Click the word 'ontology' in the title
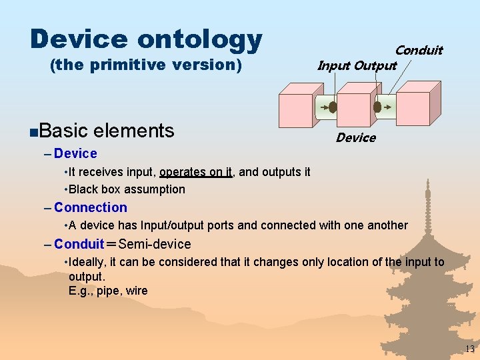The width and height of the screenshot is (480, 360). (199, 40)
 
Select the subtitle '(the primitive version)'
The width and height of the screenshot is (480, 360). (145, 65)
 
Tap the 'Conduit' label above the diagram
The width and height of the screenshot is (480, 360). (418, 50)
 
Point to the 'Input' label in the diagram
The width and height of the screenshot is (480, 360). (333, 65)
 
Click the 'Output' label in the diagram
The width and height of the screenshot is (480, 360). (375, 65)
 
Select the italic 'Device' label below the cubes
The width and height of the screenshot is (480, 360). (355, 138)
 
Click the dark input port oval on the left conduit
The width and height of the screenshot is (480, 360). (333, 107)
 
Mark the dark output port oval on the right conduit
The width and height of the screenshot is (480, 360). (377, 107)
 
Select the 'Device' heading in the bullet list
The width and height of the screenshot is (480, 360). (75, 153)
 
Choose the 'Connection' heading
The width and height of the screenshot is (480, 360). (90, 207)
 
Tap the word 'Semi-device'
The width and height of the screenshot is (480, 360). (155, 244)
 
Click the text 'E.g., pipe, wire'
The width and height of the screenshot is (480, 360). (108, 291)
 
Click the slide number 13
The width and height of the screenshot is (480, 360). (469, 349)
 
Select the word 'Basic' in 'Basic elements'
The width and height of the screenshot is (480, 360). (65, 131)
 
